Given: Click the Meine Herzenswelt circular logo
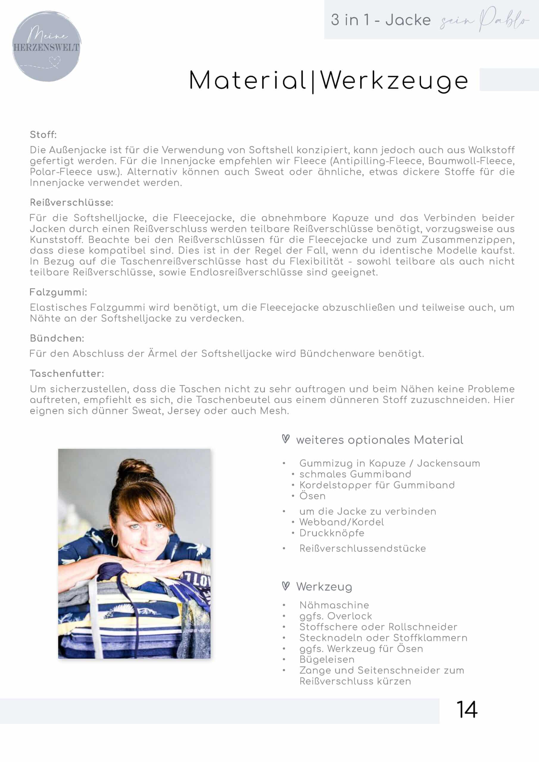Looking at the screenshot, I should (46, 46).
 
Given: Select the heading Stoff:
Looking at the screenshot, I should (43, 135).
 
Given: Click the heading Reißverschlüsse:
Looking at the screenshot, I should (71, 202).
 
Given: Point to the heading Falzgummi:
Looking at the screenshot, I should (58, 292).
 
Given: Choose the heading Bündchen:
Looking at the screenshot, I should (57, 338).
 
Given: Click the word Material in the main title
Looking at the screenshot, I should (248, 81).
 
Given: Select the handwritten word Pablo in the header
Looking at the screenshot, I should (503, 20).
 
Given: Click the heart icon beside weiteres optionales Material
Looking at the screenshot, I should (286, 439).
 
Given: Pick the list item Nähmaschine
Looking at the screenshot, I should (334, 605).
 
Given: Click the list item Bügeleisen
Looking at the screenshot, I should (327, 659).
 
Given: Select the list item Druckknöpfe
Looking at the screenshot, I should (332, 533).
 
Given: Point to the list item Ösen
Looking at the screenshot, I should (312, 496).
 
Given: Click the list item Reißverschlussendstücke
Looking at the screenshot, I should (362, 548).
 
